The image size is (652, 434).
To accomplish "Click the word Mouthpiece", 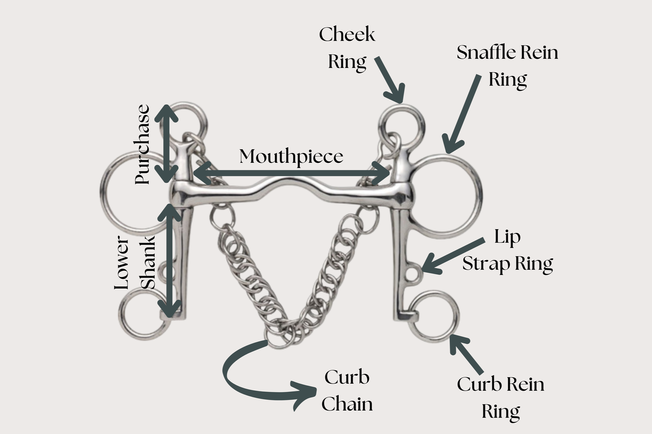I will coord(291,157).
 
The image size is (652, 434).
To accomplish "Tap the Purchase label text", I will coord(143,144).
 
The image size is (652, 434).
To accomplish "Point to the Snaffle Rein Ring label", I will coord(507,65).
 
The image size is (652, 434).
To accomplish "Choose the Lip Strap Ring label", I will coord(507,250).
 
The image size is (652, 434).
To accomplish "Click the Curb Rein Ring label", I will coord(501,398).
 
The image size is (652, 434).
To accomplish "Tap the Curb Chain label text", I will coord(347,390).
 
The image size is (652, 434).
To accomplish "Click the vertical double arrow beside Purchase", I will coord(167,144).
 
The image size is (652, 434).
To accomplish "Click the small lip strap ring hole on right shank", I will coord(411,273).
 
